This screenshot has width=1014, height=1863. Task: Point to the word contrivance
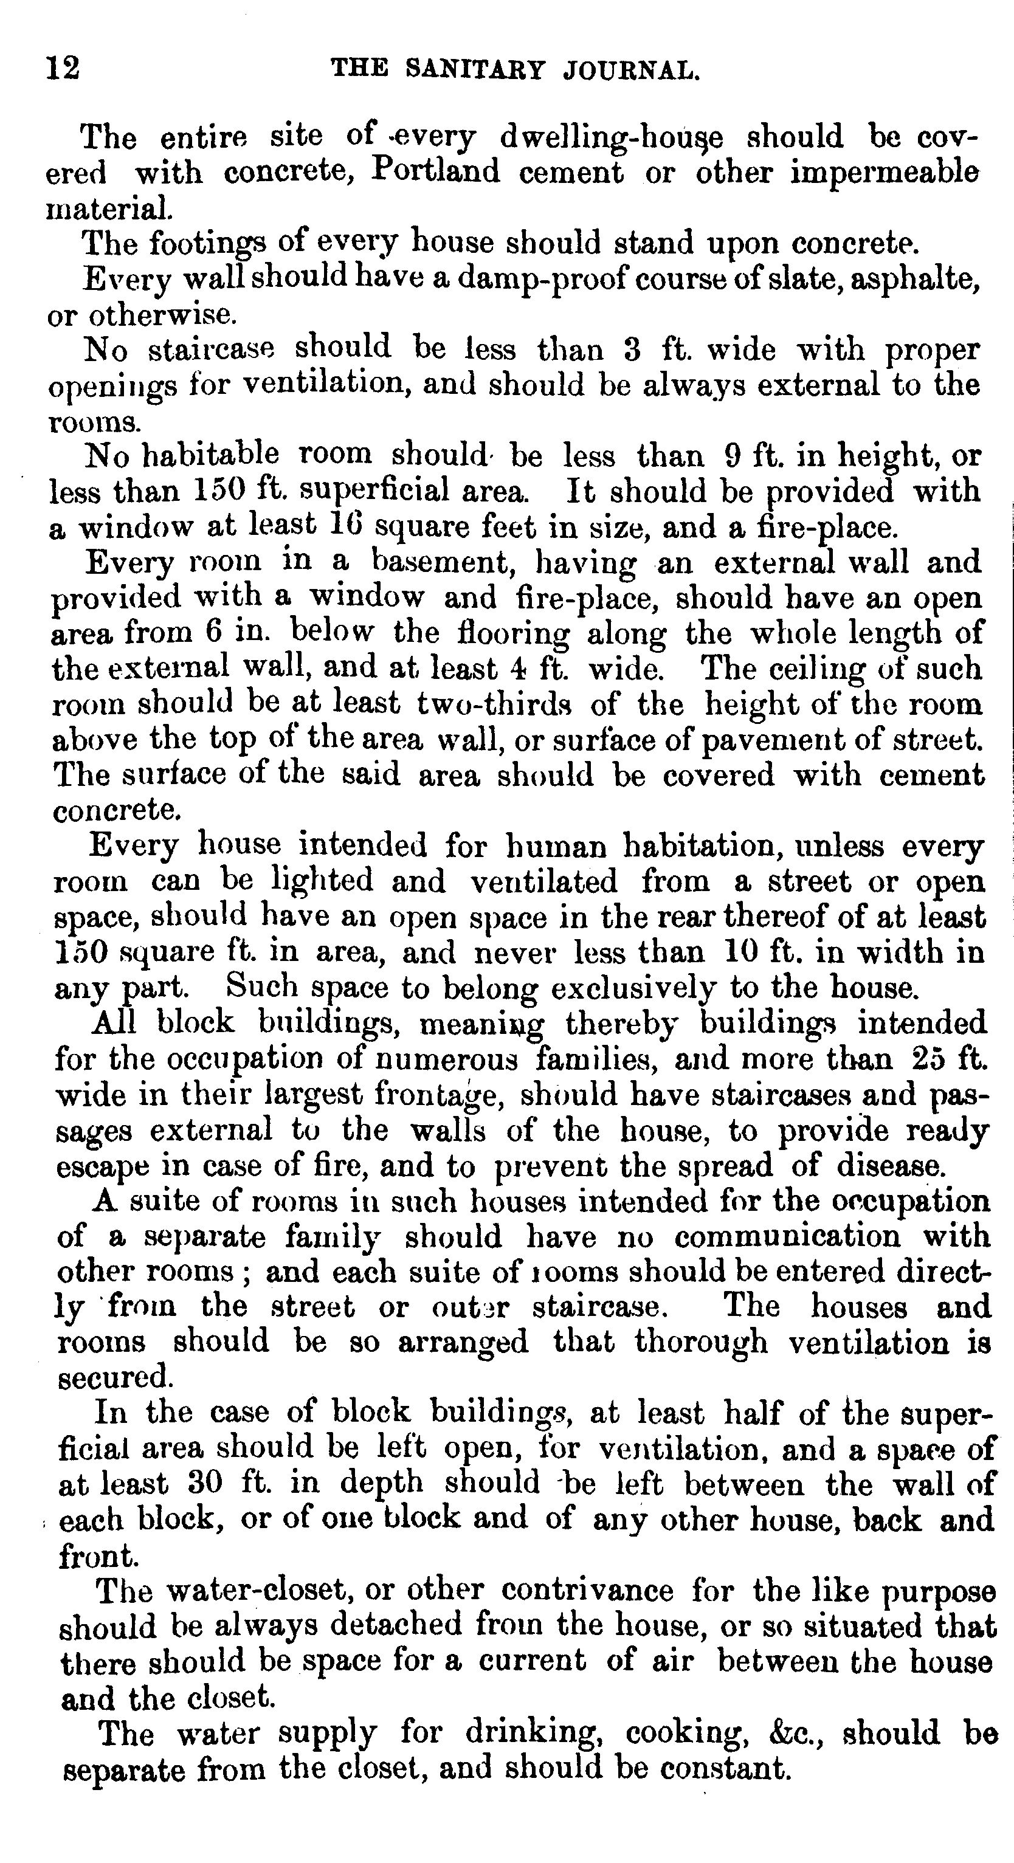point(587,1589)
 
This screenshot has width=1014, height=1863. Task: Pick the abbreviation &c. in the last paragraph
point(796,1733)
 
